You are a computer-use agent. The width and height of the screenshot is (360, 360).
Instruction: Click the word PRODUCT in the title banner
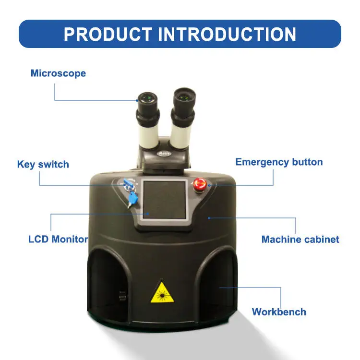pyautogui.click(x=108, y=34)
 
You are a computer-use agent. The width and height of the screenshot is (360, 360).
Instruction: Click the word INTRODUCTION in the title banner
pyautogui.click(x=227, y=34)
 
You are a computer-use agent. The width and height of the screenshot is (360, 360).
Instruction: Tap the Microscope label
pyautogui.click(x=58, y=73)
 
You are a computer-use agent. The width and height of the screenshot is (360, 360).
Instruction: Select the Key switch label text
pyautogui.click(x=43, y=164)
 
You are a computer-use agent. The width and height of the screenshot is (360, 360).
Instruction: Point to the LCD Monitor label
pyautogui.click(x=58, y=239)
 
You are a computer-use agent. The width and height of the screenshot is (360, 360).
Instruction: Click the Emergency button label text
pyautogui.click(x=279, y=162)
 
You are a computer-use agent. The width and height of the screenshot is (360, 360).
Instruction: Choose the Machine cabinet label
pyautogui.click(x=300, y=240)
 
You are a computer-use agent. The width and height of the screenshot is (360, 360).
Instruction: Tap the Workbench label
pyautogui.click(x=279, y=312)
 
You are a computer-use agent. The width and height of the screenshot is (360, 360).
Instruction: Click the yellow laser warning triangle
pyautogui.click(x=162, y=292)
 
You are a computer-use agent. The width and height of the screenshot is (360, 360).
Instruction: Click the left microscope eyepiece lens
pyautogui.click(x=147, y=98)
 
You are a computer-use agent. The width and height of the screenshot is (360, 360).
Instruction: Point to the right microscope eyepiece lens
pyautogui.click(x=184, y=96)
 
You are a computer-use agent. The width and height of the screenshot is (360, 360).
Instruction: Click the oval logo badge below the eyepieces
pyautogui.click(x=164, y=154)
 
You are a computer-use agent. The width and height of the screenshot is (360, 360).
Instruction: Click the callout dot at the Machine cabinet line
pyautogui.click(x=209, y=218)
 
